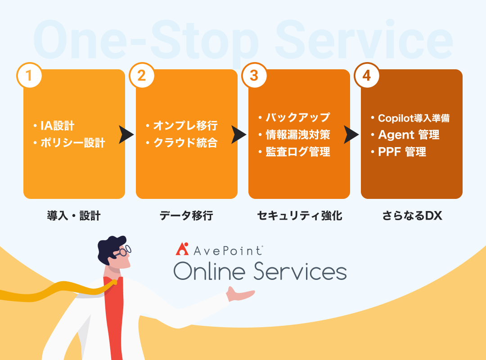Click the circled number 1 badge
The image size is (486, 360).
tap(29, 75)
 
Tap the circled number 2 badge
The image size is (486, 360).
tap(142, 75)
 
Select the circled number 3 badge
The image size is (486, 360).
tap(254, 75)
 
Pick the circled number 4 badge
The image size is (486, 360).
tap(367, 75)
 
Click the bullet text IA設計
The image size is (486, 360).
tap(57, 126)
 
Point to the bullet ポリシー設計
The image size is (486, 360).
tap(73, 143)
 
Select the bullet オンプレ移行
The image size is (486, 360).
tap(185, 126)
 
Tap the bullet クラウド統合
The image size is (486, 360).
tap(185, 143)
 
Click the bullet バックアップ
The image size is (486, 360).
tap(298, 117)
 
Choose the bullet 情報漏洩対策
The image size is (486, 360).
tap(298, 135)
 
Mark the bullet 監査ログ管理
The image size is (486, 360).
tap(298, 152)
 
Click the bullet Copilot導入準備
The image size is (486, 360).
tap(414, 118)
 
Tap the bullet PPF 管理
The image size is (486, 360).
tap(402, 152)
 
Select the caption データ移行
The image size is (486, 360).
tap(186, 216)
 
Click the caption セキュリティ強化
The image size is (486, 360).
tap(300, 216)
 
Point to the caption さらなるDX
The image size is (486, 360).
tap(412, 216)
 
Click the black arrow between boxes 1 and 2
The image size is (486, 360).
tap(126, 135)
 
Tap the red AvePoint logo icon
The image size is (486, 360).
tap(182, 249)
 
